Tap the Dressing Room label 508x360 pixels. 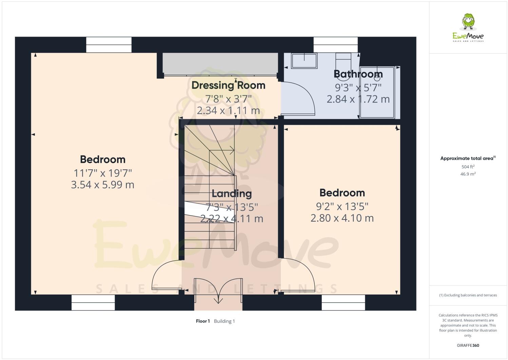pyautogui.click(x=228, y=85)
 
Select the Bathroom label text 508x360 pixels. pyautogui.click(x=358, y=74)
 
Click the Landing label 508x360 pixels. pyautogui.click(x=232, y=194)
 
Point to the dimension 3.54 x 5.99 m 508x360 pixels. pyautogui.click(x=102, y=185)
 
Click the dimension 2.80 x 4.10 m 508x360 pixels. pyautogui.click(x=342, y=218)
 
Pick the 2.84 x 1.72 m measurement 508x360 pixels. pyautogui.click(x=358, y=99)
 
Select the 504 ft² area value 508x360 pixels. pyautogui.click(x=468, y=167)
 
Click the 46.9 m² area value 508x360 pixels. pyautogui.click(x=468, y=174)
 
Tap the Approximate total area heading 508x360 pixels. pyautogui.click(x=468, y=158)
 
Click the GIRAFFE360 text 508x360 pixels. pyautogui.click(x=468, y=345)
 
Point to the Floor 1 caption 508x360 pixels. pyautogui.click(x=203, y=321)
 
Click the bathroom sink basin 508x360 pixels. pyautogui.click(x=304, y=60)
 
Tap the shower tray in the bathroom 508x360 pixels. pyautogui.click(x=377, y=93)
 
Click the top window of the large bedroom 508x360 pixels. pyautogui.click(x=109, y=45)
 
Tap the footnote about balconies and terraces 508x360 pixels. pyautogui.click(x=468, y=295)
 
